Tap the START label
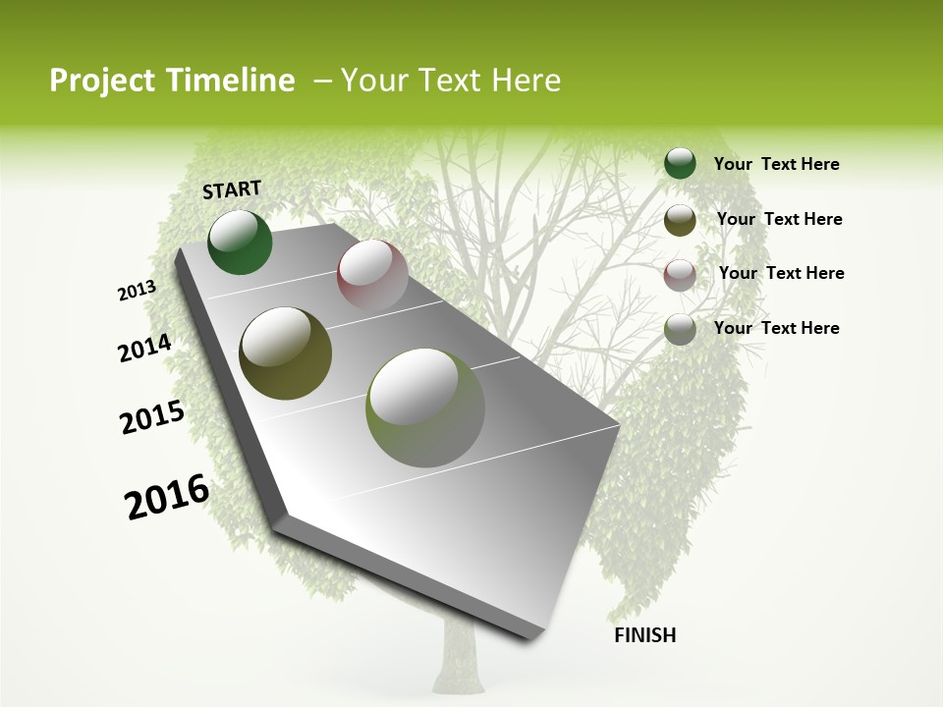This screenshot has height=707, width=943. [232, 190]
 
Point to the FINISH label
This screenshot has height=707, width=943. [645, 635]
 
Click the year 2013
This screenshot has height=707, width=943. [137, 291]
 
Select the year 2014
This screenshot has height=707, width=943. [144, 349]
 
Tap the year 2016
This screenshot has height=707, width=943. [167, 497]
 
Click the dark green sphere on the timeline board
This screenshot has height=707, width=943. [240, 243]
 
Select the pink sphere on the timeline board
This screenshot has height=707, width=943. [372, 275]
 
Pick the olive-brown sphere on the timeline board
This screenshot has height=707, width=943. [285, 353]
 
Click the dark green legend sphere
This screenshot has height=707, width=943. [680, 164]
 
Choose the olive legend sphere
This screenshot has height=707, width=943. [680, 220]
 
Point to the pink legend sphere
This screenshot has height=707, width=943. [680, 274]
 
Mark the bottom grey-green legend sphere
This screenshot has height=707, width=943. [680, 329]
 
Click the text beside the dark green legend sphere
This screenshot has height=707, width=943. [776, 164]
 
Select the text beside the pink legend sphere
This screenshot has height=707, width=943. [781, 273]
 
